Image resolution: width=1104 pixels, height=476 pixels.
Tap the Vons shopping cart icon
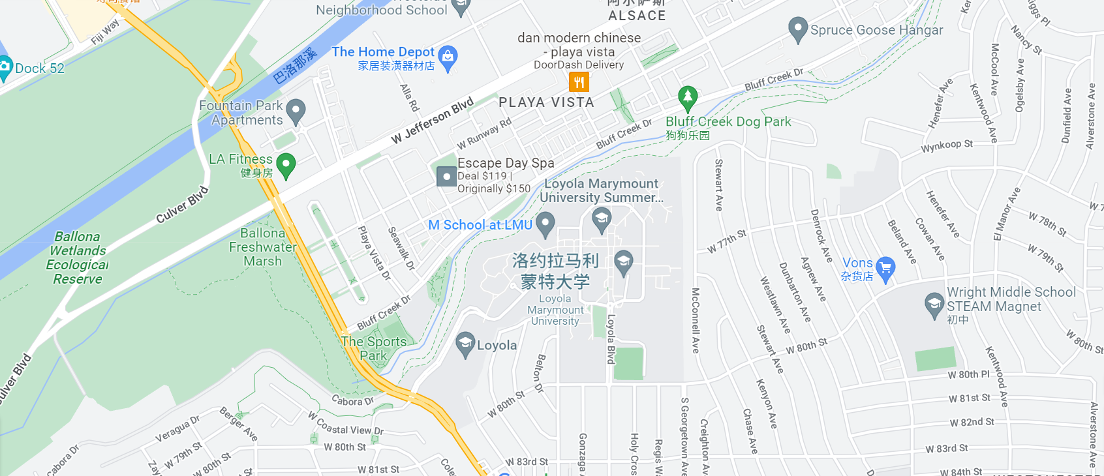[x=885, y=268]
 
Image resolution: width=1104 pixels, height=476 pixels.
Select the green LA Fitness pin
[x=286, y=164]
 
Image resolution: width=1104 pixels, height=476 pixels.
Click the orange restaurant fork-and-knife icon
[x=579, y=82]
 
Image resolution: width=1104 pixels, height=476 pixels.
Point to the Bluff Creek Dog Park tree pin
[x=687, y=98]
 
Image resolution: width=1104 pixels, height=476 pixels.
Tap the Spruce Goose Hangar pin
[x=797, y=29]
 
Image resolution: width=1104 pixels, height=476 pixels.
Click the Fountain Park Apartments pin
[x=296, y=110]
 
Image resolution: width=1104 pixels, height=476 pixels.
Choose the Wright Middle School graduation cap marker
[x=934, y=304]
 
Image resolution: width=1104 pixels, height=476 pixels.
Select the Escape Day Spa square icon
[x=446, y=176]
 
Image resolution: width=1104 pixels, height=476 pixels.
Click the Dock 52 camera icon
[x=4, y=67]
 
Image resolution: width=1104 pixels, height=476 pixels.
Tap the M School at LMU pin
[x=545, y=224]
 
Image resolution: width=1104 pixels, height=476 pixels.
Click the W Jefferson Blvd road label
[x=432, y=121]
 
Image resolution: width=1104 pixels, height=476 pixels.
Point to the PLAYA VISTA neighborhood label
[x=546, y=102]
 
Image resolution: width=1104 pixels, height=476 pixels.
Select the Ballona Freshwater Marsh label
[x=263, y=247]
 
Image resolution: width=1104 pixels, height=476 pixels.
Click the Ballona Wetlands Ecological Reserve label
[x=78, y=258]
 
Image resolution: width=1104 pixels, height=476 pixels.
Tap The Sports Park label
[x=373, y=348]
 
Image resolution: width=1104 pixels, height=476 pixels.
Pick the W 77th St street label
[x=726, y=241]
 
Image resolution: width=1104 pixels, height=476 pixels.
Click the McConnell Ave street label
[x=696, y=321]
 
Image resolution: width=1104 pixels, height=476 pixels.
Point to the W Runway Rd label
[x=484, y=134]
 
